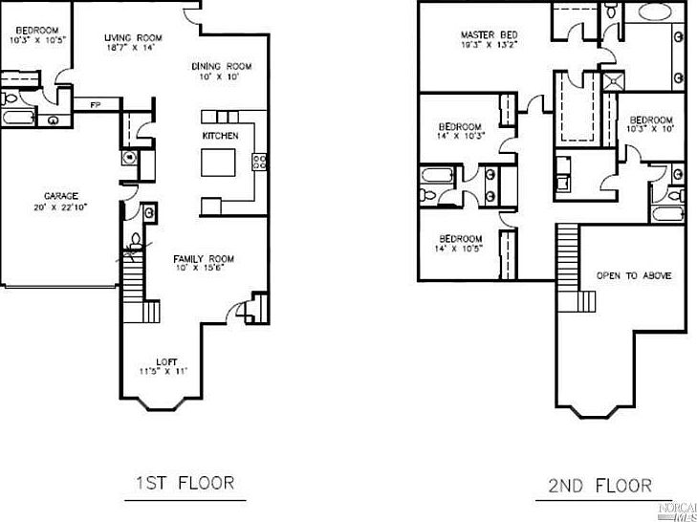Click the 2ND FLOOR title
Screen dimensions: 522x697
pyautogui.click(x=599, y=485)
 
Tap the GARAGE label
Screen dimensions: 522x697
pyautogui.click(x=60, y=196)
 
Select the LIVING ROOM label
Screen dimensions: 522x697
pyautogui.click(x=133, y=38)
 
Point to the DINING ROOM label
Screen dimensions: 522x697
pyautogui.click(x=221, y=66)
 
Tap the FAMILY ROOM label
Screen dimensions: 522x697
pyautogui.click(x=203, y=259)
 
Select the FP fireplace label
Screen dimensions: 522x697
pyautogui.click(x=96, y=104)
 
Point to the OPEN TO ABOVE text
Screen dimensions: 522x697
pyautogui.click(x=633, y=275)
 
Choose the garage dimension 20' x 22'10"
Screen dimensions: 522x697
pyautogui.click(x=61, y=207)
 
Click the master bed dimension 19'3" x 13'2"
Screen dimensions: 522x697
pyautogui.click(x=489, y=43)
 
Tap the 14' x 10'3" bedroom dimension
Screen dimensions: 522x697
pyautogui.click(x=462, y=136)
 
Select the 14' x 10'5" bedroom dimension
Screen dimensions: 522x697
pyautogui.click(x=461, y=249)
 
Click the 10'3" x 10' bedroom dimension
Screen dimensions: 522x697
pyautogui.click(x=651, y=127)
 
